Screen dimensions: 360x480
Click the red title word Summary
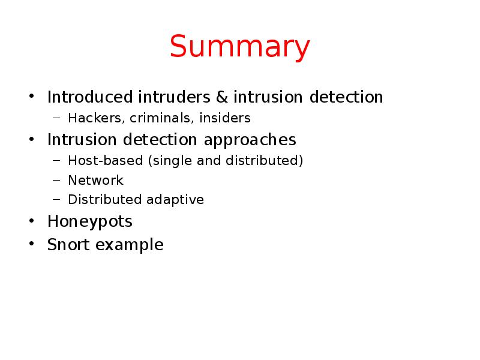tap(240, 48)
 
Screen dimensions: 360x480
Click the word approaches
tap(250, 140)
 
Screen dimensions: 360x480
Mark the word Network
tap(95, 181)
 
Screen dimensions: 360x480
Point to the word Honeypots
tap(90, 222)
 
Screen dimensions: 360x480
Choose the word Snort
tap(68, 245)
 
